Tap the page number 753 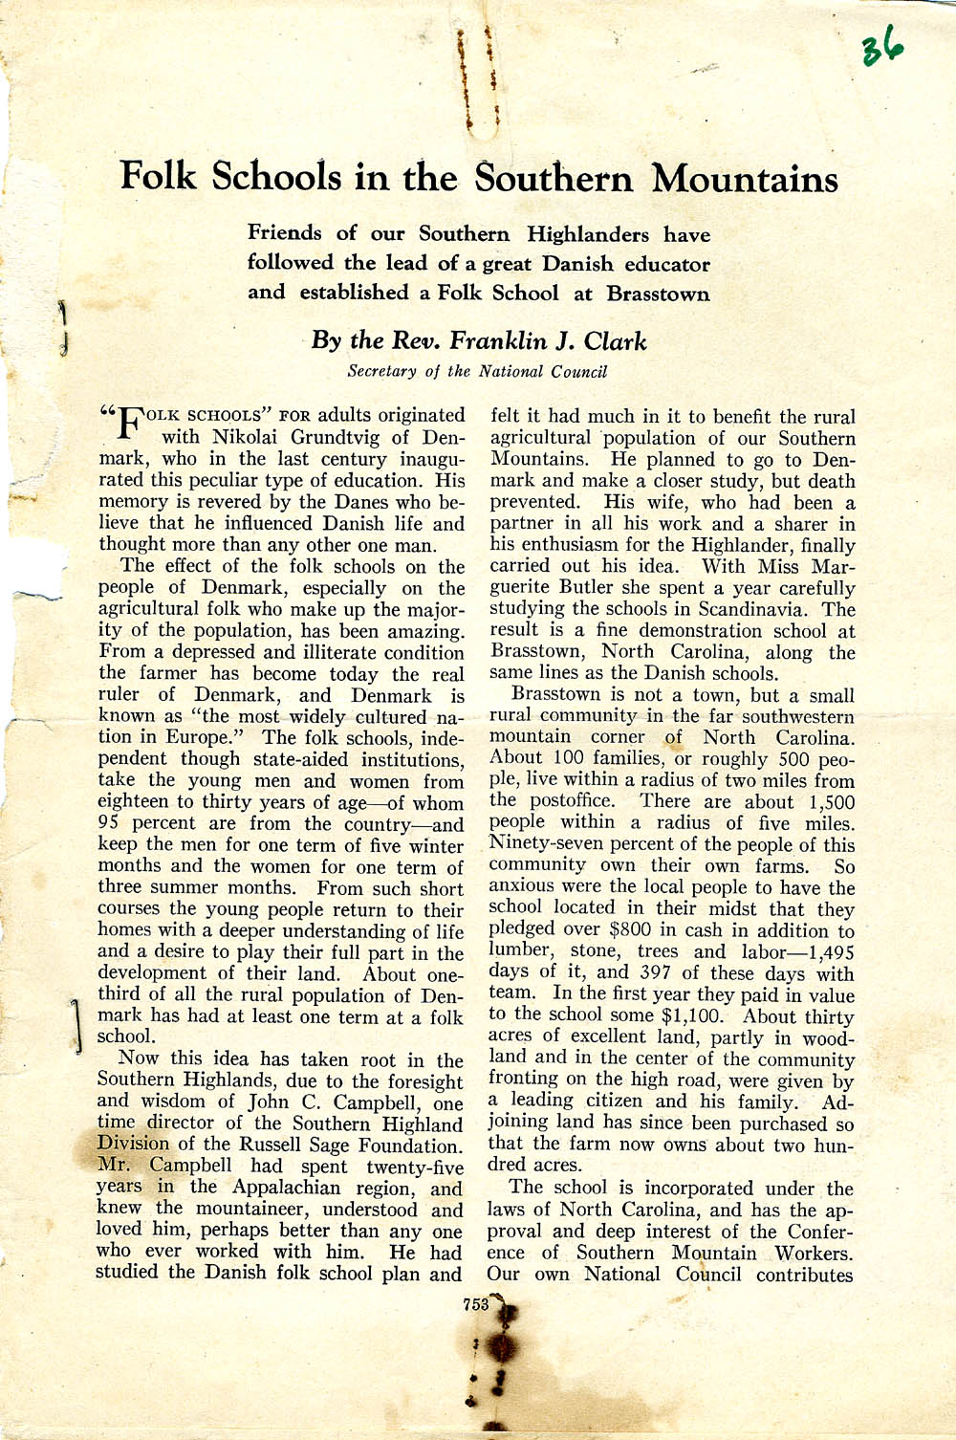[x=475, y=1303]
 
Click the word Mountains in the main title [x=745, y=179]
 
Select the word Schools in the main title [x=275, y=177]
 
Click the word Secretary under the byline [x=381, y=371]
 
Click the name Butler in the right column [x=586, y=588]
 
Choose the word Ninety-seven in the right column [x=542, y=844]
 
